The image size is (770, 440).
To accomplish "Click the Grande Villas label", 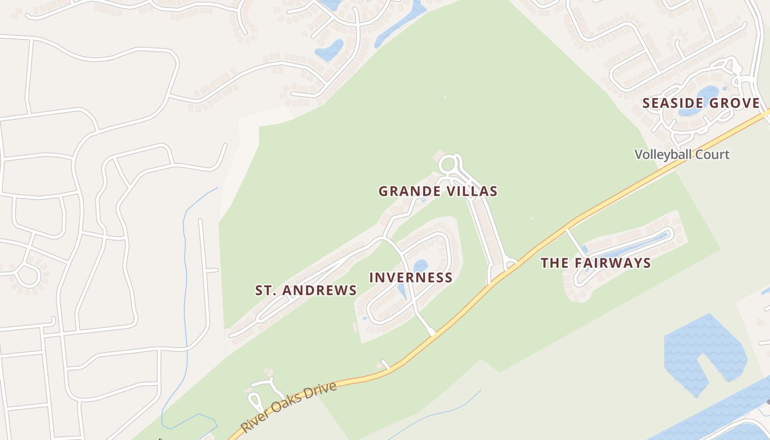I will point(438,191).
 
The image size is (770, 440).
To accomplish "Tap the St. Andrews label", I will point(306,290).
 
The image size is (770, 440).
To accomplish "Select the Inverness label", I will point(411,278).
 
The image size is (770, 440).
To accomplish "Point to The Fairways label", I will point(596,263).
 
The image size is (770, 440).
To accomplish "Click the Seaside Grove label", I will point(701,103).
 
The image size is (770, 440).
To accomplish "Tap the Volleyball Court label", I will point(682,155).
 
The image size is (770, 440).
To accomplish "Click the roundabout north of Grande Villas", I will point(448,164).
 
